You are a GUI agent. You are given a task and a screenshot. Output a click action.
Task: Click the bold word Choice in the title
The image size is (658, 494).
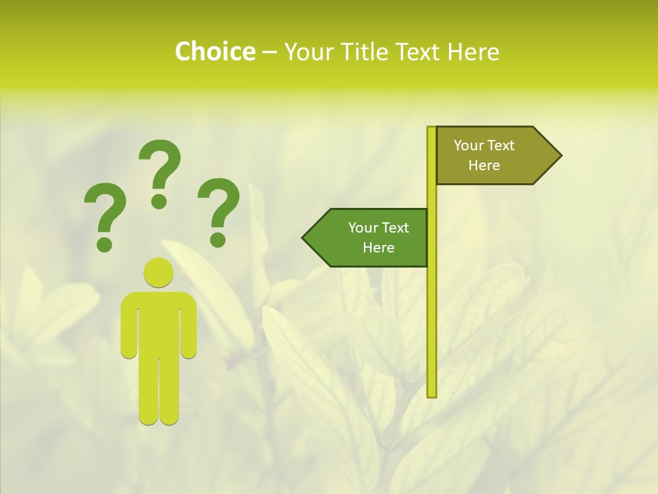pyautogui.click(x=215, y=51)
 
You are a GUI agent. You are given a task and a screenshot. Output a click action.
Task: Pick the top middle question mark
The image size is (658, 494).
pyautogui.click(x=159, y=172)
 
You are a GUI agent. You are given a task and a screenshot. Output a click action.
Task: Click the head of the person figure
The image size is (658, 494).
pyautogui.click(x=158, y=272)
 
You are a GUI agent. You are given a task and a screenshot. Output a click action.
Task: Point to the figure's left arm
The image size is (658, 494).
pyautogui.click(x=129, y=326)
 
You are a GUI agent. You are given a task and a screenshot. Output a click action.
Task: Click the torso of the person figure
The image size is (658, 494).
pyautogui.click(x=158, y=322)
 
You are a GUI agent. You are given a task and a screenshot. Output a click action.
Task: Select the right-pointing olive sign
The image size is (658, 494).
pyautogui.click(x=493, y=156)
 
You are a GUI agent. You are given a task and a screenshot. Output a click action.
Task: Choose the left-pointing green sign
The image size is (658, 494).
pyautogui.click(x=370, y=237)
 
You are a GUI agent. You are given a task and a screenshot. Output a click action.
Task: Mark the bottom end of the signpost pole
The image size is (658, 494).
pyautogui.click(x=432, y=394)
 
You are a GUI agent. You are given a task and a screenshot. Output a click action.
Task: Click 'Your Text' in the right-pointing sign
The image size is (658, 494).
pyautogui.click(x=484, y=145)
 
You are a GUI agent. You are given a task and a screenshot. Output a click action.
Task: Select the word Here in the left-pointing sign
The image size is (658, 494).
pyautogui.click(x=378, y=248)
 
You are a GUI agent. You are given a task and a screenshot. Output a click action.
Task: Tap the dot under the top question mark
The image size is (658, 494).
pyautogui.click(x=159, y=200)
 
